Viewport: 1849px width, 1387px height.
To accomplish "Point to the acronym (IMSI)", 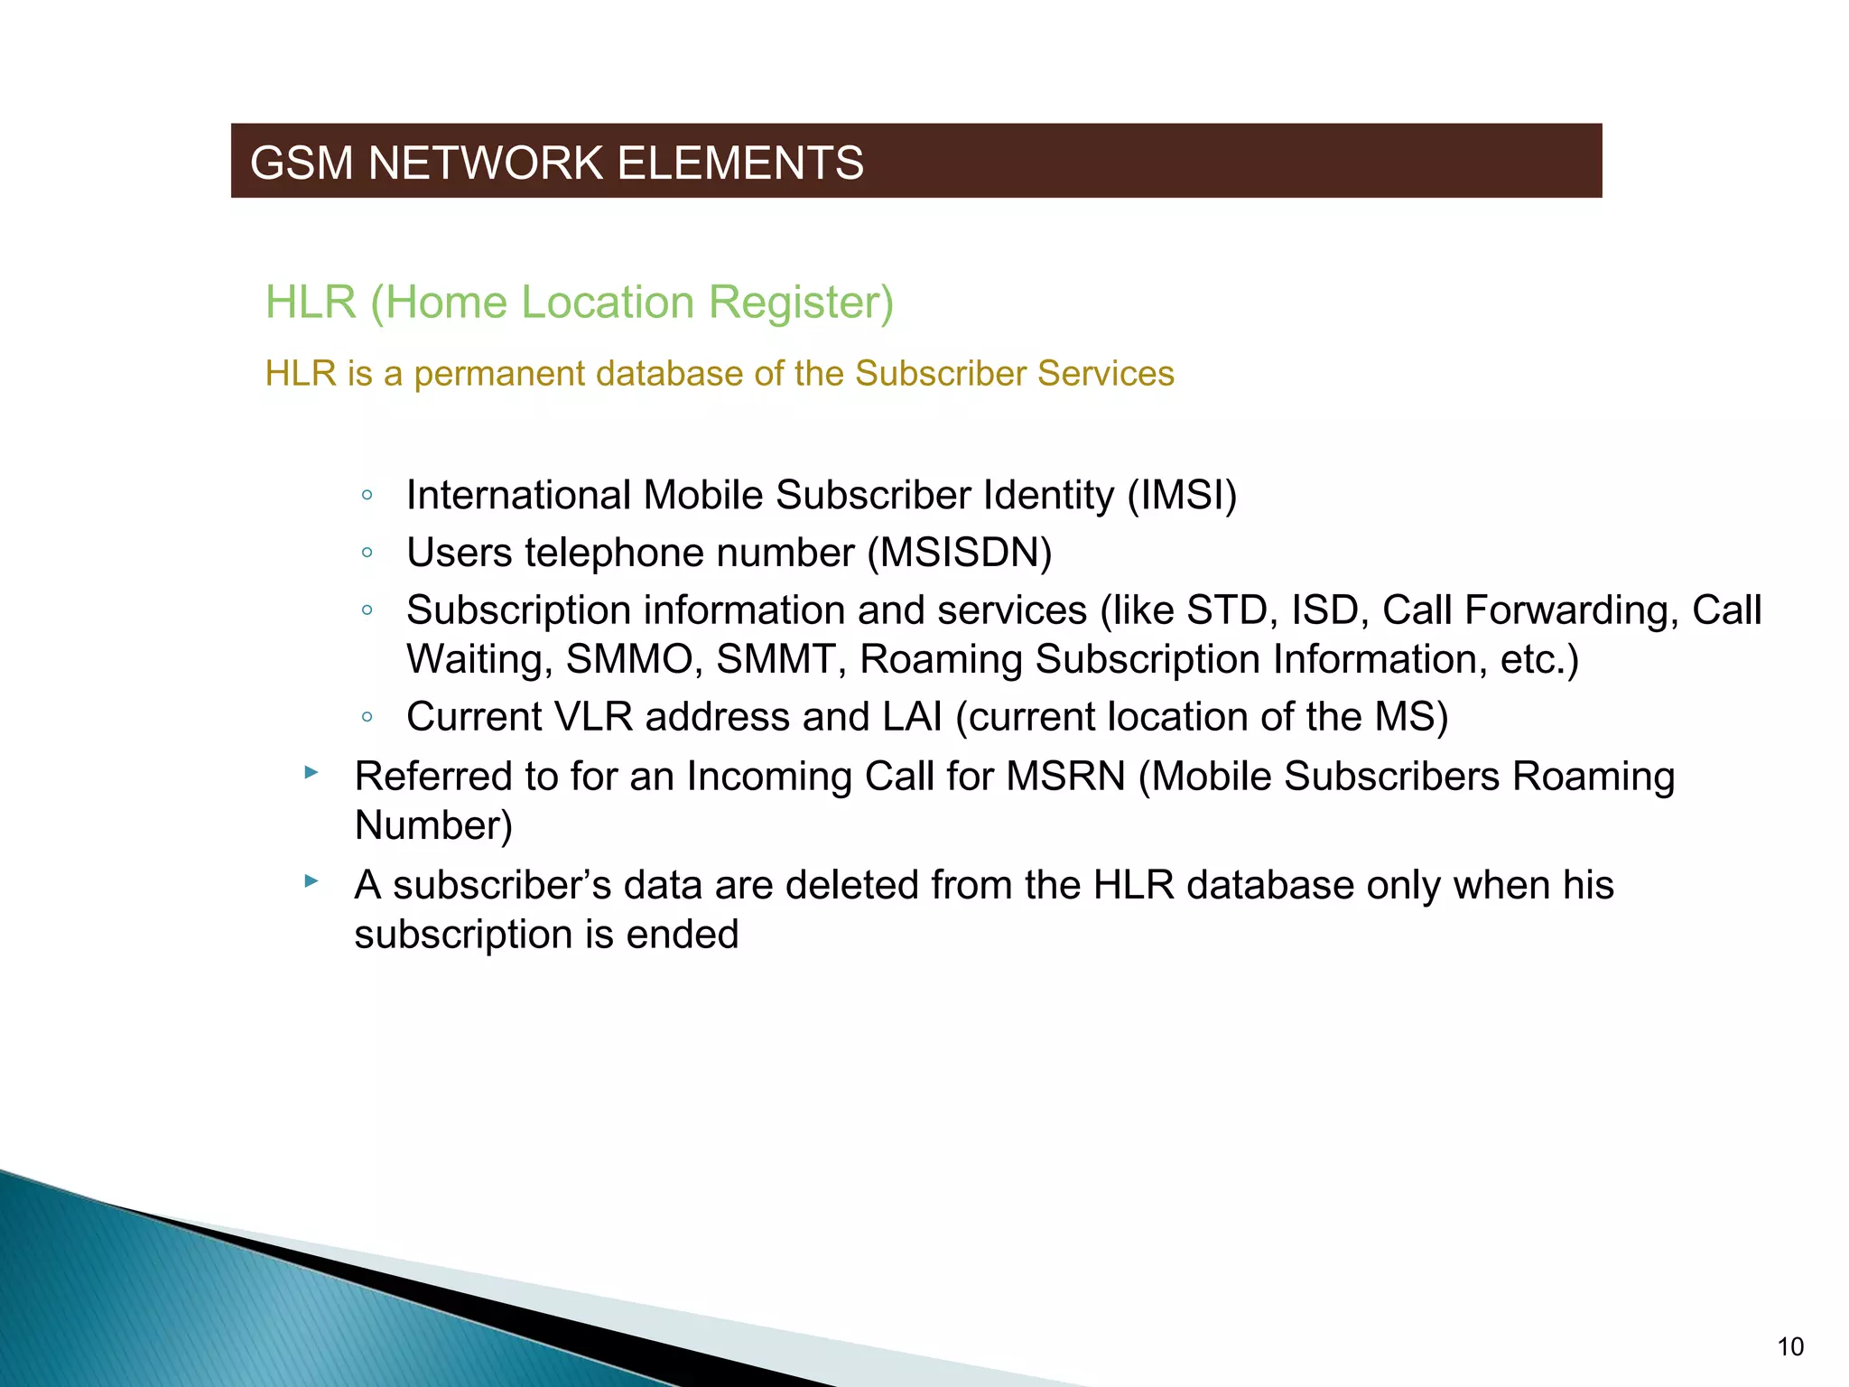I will pos(1182,496).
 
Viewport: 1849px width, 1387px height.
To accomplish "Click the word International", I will pos(519,496).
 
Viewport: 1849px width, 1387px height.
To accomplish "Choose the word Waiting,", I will pos(479,660).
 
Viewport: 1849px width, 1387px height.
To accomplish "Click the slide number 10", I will pos(1790,1347).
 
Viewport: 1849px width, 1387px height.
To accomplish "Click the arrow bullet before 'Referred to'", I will pos(311,773).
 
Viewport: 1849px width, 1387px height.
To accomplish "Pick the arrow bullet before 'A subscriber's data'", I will pos(311,881).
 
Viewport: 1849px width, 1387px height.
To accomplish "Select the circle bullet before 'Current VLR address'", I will pos(367,719).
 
